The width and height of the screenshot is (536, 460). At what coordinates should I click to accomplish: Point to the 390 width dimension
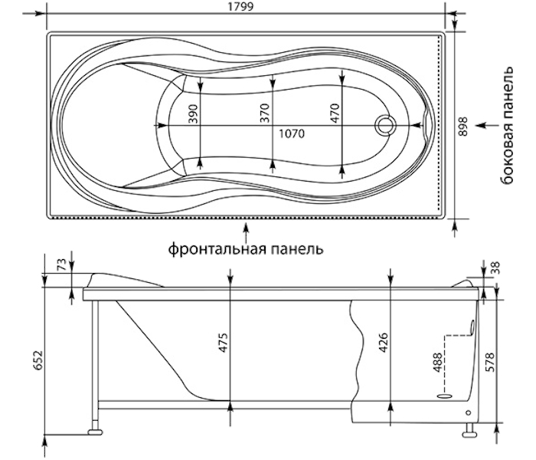click(x=194, y=113)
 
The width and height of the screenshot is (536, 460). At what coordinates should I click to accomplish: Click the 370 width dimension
click(x=265, y=113)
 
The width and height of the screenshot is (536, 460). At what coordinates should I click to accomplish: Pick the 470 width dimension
click(x=334, y=113)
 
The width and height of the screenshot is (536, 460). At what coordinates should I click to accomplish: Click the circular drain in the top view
click(x=385, y=125)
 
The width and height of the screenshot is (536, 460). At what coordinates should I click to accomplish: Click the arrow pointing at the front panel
click(x=246, y=228)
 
